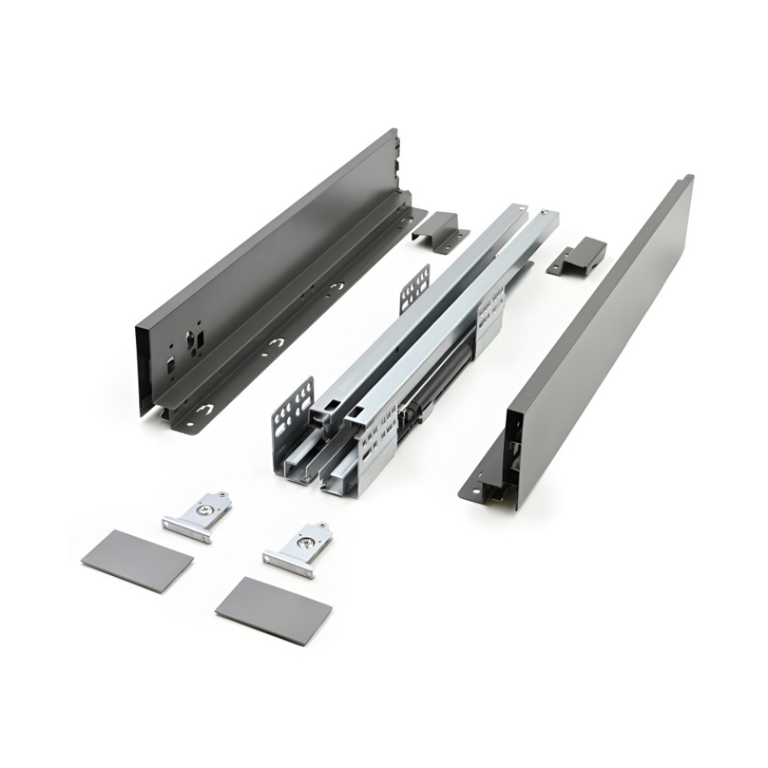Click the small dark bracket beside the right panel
(x=577, y=257)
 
